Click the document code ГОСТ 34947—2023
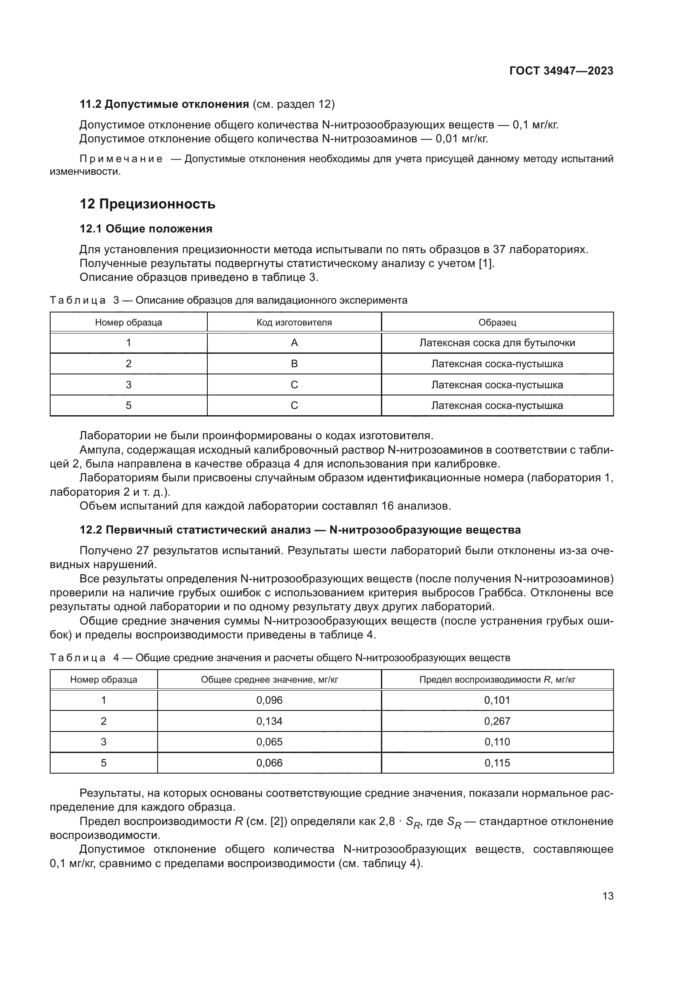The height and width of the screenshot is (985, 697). [561, 71]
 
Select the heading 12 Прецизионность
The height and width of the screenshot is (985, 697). [147, 204]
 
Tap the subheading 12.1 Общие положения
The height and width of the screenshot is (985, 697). [146, 229]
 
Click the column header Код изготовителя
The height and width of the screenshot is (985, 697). [294, 322]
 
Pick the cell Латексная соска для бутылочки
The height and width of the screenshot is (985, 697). [497, 343]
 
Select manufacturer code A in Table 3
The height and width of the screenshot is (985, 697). [294, 343]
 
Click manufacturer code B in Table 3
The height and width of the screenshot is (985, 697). [294, 364]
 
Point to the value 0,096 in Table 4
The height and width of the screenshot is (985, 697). [269, 700]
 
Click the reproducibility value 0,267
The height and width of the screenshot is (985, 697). [497, 721]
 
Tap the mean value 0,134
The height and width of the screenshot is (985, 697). [269, 721]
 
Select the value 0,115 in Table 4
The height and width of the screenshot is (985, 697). [497, 763]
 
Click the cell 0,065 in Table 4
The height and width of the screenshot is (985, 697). [269, 742]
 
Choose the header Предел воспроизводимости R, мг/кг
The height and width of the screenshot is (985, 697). [497, 680]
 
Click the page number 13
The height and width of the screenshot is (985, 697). [608, 896]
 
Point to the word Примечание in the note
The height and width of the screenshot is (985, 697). [121, 159]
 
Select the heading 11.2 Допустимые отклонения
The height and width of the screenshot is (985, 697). [164, 104]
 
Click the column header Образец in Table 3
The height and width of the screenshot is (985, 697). [497, 322]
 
